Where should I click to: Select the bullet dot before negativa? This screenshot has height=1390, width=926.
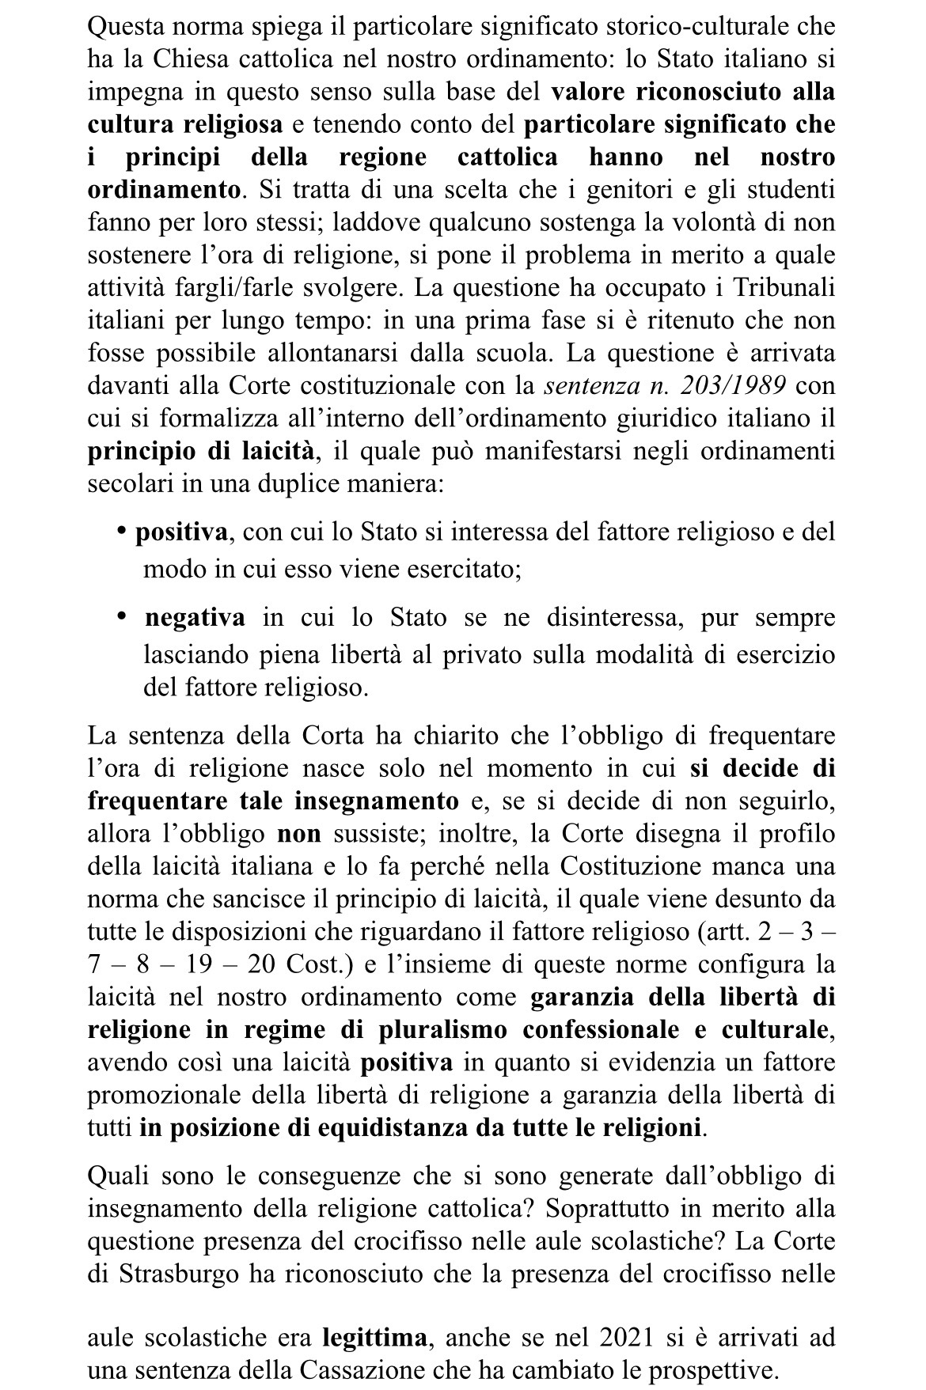coord(122,615)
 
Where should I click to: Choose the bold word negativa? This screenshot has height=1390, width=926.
coord(195,618)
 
